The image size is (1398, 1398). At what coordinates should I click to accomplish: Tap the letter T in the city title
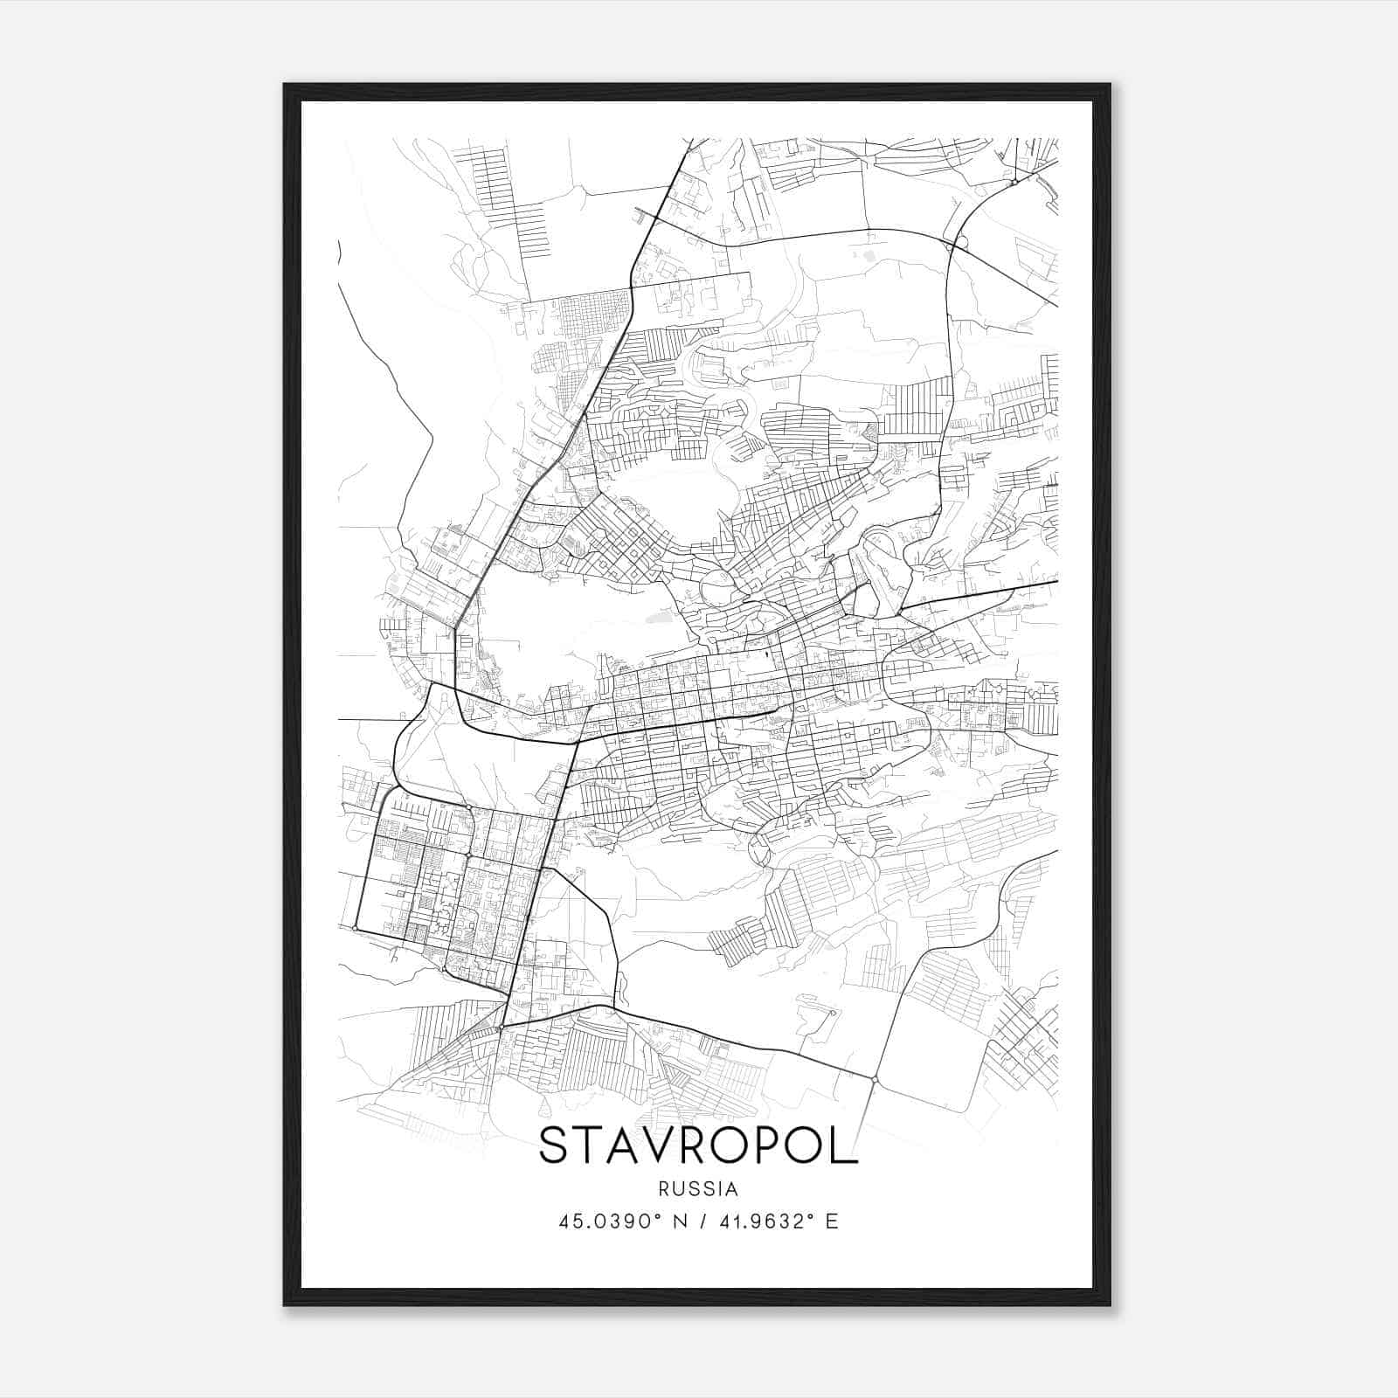pos(592,1145)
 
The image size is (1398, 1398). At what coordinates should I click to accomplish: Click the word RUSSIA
pos(699,1189)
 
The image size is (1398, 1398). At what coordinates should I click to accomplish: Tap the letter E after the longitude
pos(832,1222)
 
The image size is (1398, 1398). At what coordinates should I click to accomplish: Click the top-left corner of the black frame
pos(285,85)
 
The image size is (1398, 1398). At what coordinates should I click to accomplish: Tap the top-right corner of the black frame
pos(1110,85)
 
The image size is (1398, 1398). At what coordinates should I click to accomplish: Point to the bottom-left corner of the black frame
pos(285,1305)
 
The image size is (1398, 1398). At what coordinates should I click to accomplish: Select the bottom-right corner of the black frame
pos(1110,1305)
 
